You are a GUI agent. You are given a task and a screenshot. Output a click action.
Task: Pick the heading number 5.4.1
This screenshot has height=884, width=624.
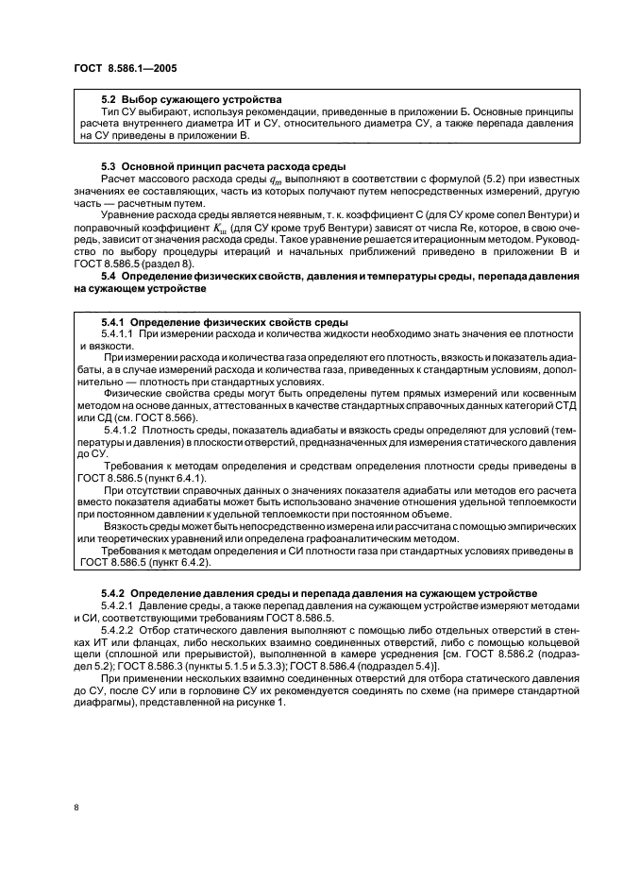click(111, 323)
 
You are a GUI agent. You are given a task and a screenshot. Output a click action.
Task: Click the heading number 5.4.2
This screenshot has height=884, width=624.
click(111, 592)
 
